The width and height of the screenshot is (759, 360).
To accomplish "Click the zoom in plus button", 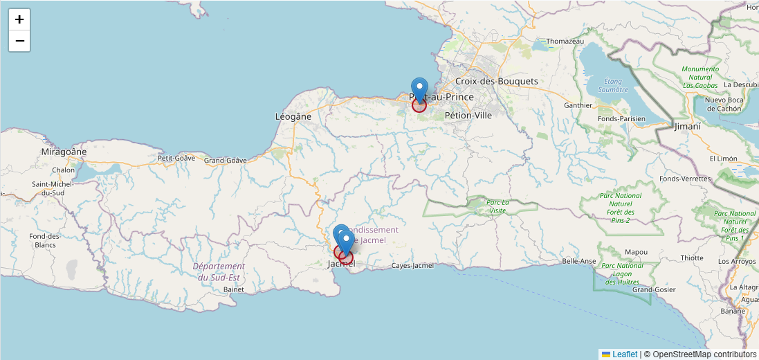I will pyautogui.click(x=19, y=19).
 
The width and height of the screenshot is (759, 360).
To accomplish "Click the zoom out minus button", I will pyautogui.click(x=19, y=41).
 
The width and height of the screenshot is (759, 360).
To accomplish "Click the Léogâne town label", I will pyautogui.click(x=293, y=116).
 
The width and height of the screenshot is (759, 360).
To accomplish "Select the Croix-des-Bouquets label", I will pyautogui.click(x=496, y=81).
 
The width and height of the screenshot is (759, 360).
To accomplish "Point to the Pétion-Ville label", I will pyautogui.click(x=468, y=115).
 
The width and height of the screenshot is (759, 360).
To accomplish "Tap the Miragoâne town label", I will pyautogui.click(x=64, y=151).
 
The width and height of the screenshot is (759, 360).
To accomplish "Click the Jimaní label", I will pyautogui.click(x=688, y=127).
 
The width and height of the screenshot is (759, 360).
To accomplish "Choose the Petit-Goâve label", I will pyautogui.click(x=176, y=158).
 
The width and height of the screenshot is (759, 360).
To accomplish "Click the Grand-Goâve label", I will pyautogui.click(x=225, y=161).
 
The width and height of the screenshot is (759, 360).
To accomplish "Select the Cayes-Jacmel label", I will pyautogui.click(x=412, y=266).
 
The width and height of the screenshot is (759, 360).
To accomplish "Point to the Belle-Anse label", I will pyautogui.click(x=579, y=261).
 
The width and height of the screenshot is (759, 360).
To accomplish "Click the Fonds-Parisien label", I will pyautogui.click(x=623, y=118).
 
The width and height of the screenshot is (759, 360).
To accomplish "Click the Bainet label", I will pyautogui.click(x=234, y=289).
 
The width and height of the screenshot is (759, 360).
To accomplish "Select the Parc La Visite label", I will pyautogui.click(x=497, y=206).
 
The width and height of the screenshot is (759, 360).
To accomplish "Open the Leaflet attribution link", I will pyautogui.click(x=625, y=354).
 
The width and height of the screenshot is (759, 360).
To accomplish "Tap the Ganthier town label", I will pyautogui.click(x=578, y=105).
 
